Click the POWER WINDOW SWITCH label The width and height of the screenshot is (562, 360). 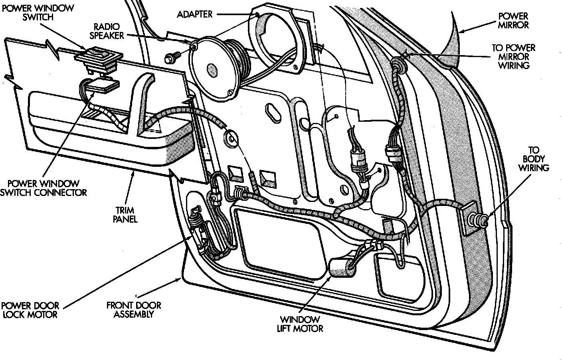(x=38, y=12)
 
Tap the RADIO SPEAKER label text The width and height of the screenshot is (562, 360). (x=107, y=31)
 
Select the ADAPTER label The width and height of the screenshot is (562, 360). (x=195, y=14)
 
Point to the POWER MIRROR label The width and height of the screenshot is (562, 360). (x=513, y=21)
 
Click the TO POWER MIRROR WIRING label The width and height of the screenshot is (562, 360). (x=514, y=56)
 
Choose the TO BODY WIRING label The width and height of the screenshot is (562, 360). (x=534, y=159)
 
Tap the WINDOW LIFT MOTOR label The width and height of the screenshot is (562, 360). (x=300, y=324)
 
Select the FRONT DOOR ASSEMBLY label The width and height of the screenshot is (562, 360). (x=134, y=310)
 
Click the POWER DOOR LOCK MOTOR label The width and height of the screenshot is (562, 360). (x=30, y=310)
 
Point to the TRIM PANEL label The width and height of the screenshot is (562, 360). (x=125, y=215)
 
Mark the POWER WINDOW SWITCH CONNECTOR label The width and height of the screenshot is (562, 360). (x=44, y=188)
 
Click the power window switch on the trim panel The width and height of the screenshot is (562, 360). (x=98, y=61)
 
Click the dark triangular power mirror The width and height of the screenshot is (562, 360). (x=451, y=43)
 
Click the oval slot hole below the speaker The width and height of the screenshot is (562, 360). (x=273, y=113)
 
